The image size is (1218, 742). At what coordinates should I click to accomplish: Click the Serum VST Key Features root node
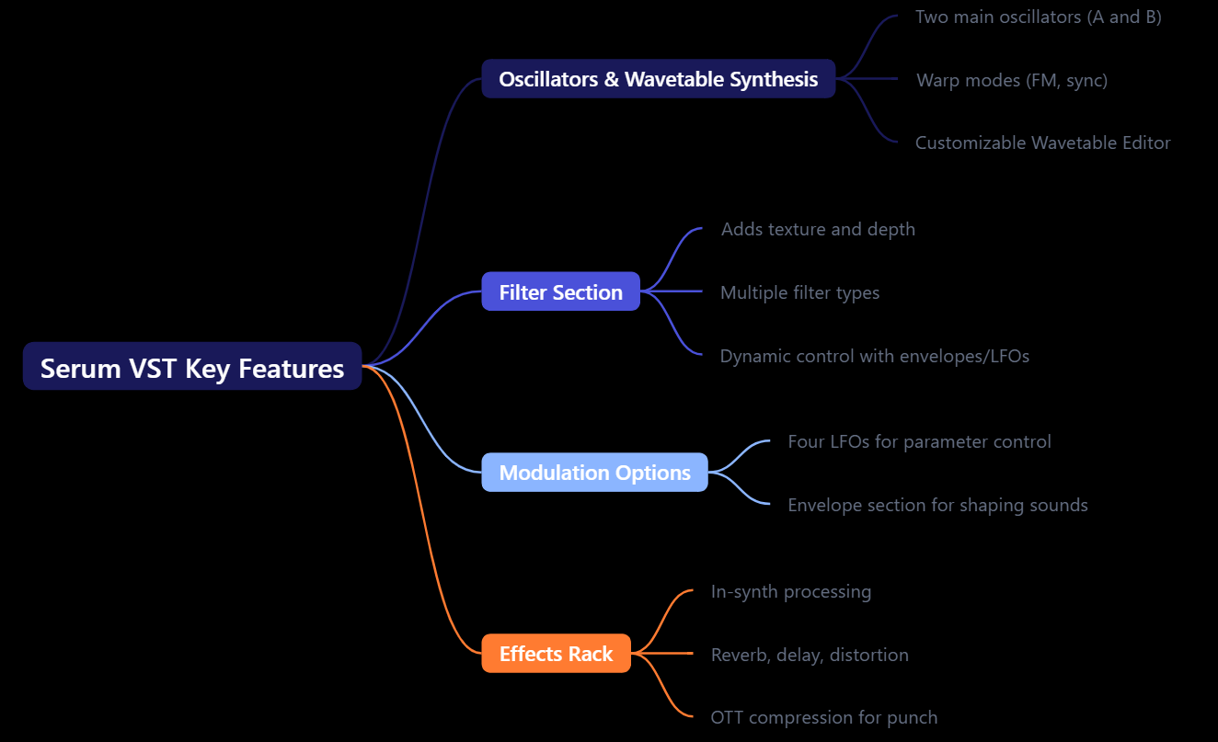[x=192, y=367]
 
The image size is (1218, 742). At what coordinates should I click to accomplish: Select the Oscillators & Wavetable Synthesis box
[x=658, y=79]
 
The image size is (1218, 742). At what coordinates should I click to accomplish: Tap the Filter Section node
[x=560, y=292]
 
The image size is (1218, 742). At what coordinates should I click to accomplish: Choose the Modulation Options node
[x=594, y=473]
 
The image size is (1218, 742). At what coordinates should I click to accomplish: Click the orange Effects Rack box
[x=556, y=654]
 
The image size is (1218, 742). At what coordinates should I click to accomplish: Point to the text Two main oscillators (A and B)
[x=1038, y=17]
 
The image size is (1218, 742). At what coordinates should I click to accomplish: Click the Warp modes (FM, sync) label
[x=1012, y=80]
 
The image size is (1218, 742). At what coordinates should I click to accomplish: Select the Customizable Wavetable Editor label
[x=1042, y=143]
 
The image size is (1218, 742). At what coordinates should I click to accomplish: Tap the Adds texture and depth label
[x=818, y=229]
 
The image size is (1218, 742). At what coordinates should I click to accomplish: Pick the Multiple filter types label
[x=799, y=292]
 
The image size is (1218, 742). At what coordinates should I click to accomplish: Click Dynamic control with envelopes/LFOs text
[x=874, y=356]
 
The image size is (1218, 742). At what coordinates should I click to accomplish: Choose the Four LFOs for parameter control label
[x=919, y=441]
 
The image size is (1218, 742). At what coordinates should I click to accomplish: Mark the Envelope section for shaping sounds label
[x=937, y=505]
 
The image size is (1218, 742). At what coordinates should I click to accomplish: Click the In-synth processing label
[x=790, y=591]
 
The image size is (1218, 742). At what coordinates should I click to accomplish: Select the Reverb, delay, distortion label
[x=810, y=655]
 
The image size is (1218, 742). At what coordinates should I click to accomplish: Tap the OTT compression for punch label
[x=823, y=717]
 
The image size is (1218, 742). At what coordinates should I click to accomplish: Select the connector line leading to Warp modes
[x=869, y=79]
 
